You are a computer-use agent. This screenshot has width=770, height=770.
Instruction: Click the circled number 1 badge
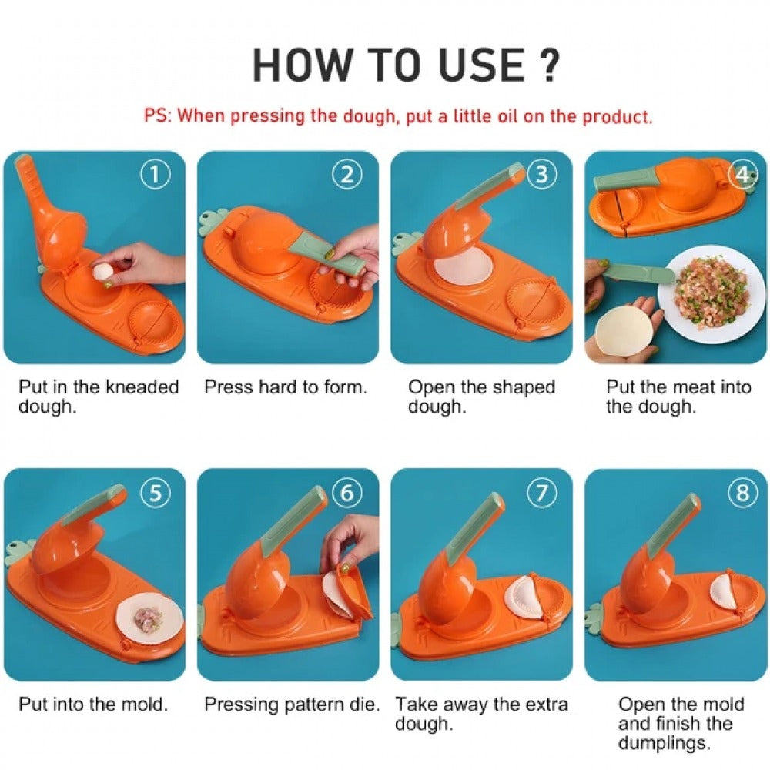pyautogui.click(x=156, y=176)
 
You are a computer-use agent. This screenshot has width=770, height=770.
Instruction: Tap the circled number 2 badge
pyautogui.click(x=348, y=174)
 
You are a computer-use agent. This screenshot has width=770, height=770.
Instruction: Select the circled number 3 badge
pyautogui.click(x=541, y=174)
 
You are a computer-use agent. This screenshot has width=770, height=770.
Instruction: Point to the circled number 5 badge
pyautogui.click(x=156, y=493)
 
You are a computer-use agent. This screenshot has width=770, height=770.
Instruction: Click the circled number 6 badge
pyautogui.click(x=348, y=493)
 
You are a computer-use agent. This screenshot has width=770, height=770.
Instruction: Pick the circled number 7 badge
pyautogui.click(x=541, y=493)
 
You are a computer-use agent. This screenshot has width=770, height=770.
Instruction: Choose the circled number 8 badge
pyautogui.click(x=742, y=493)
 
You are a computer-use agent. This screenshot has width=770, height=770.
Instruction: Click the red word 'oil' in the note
pyautogui.click(x=507, y=116)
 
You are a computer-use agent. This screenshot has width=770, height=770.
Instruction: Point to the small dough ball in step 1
pyautogui.click(x=104, y=272)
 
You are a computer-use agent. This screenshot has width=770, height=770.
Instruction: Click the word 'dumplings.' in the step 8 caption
pyautogui.click(x=665, y=743)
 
